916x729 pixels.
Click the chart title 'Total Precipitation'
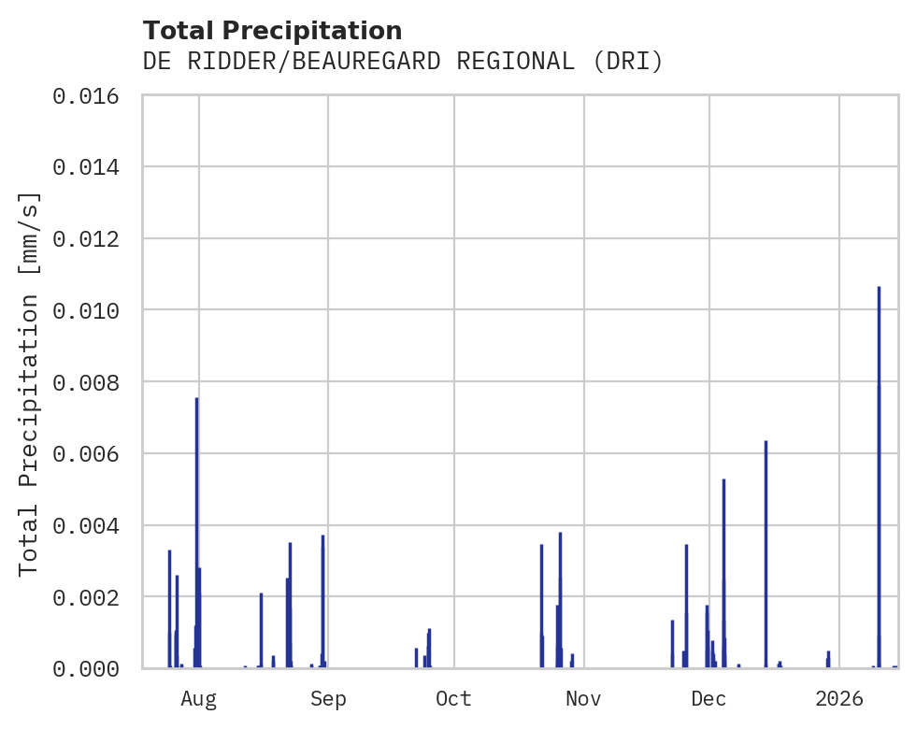click(x=272, y=30)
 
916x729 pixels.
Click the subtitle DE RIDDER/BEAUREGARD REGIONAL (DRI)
click(x=402, y=62)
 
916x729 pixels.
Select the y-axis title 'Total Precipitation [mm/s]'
click(x=30, y=382)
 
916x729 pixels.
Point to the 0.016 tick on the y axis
click(x=92, y=95)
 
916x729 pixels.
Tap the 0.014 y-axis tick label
click(x=92, y=167)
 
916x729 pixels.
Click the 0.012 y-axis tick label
click(x=92, y=239)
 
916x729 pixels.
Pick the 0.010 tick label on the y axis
click(x=92, y=310)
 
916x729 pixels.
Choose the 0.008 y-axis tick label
click(x=92, y=382)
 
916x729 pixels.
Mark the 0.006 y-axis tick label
click(x=92, y=453)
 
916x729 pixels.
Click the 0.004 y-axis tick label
click(x=92, y=525)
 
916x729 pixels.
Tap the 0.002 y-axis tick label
click(x=92, y=596)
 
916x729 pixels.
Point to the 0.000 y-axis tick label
click(x=92, y=668)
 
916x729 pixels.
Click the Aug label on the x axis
click(x=199, y=699)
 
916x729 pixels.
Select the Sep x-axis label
click(x=328, y=699)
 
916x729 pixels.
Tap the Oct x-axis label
click(x=453, y=699)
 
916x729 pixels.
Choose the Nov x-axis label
click(x=583, y=699)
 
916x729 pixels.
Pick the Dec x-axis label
click(x=708, y=699)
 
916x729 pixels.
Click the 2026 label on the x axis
click(x=838, y=699)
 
